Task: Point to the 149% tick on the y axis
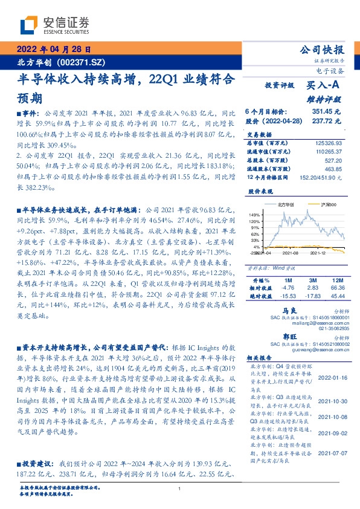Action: pos(254,215)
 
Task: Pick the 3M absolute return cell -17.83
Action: pos(312,297)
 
